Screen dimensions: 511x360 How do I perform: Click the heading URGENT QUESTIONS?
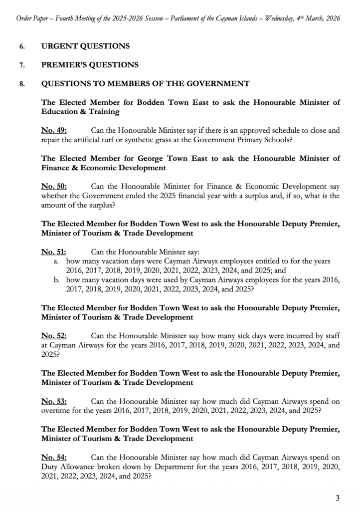pos(85,46)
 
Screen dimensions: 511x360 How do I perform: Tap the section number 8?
pos(21,84)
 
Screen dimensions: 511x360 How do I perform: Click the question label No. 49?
pos(54,131)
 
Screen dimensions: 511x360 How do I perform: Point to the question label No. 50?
pos(54,187)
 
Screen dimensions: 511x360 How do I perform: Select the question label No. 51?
pos(54,253)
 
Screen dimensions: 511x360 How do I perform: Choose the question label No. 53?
pos(54,402)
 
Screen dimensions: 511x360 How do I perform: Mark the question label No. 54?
pos(54,458)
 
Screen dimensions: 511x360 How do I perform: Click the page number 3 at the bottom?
pos(338,498)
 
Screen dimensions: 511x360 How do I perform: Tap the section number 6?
pos(21,46)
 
